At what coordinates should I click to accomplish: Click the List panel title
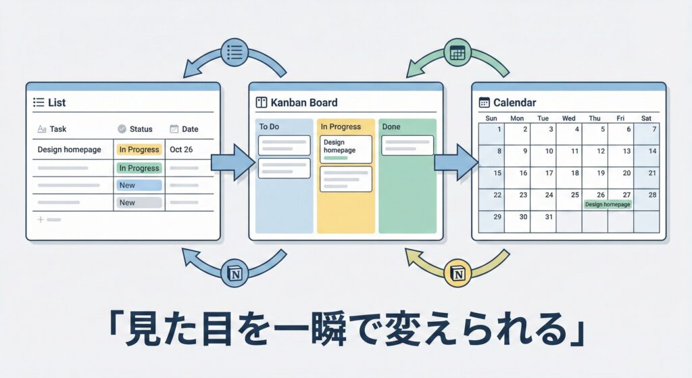point(57,103)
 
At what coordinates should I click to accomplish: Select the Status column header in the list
point(141,128)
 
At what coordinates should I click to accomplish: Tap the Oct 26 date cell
point(181,149)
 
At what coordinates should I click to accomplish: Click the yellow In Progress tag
point(139,149)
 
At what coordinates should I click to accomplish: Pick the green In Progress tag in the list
point(139,168)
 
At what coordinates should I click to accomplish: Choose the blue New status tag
point(139,185)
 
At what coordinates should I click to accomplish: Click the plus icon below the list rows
point(40,220)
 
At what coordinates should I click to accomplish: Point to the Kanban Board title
point(304,103)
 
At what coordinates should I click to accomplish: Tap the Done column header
point(391,126)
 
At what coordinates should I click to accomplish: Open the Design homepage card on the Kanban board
point(345,148)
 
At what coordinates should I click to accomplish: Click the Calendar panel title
point(514,103)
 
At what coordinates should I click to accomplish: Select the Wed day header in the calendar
point(569,118)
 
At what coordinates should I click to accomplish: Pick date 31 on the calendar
point(548,217)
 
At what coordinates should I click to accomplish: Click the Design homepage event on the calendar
point(608,204)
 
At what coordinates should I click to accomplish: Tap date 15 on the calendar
point(498,173)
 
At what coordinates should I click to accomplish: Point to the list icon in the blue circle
point(235,52)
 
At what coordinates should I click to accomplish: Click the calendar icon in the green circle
point(458,52)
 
